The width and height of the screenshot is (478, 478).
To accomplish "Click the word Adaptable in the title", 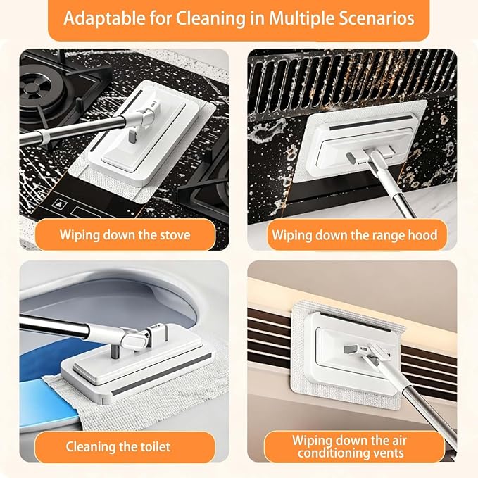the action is (x=104, y=19).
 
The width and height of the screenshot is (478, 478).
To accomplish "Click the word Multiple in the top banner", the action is (x=302, y=19).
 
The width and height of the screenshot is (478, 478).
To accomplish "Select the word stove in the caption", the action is (x=175, y=235).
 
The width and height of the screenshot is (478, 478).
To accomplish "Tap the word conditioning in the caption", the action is (x=337, y=453).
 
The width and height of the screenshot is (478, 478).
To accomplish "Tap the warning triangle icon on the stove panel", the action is (x=58, y=203).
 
